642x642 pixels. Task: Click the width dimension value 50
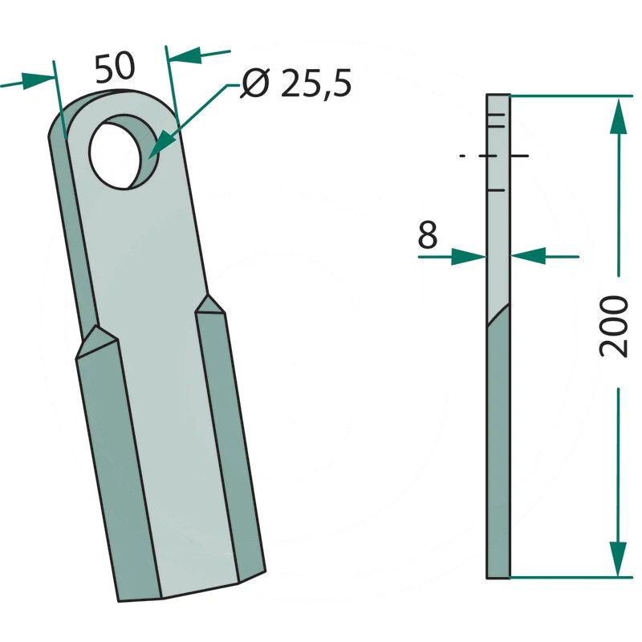pos(115,67)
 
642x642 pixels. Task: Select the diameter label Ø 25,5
pos(296,83)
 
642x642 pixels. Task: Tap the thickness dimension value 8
pos(428,235)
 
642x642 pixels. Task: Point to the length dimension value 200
pos(613,327)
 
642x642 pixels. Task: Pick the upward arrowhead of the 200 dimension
pos(618,116)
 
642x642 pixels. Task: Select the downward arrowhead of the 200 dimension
pos(618,559)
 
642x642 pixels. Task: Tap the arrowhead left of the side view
pos(469,257)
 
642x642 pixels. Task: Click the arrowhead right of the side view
pos(528,256)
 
